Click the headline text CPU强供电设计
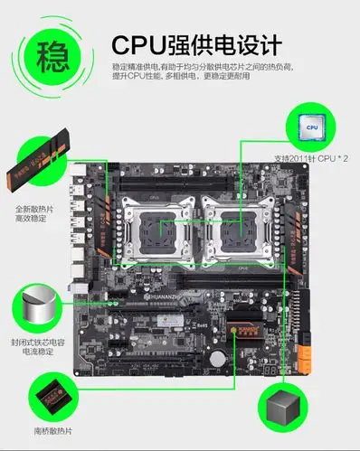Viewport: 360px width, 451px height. [194, 44]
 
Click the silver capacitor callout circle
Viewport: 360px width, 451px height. [37, 304]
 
